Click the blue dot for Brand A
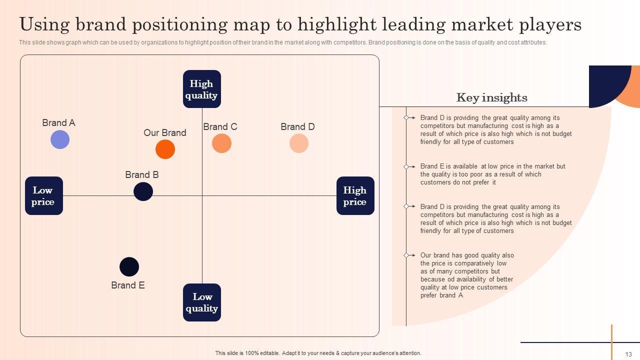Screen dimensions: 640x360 pos(60,139)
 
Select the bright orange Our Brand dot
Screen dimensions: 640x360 pos(165,149)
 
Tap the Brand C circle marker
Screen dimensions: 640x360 pos(221,143)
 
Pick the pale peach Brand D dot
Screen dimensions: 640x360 pos(299,143)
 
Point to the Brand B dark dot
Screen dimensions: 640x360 pos(143,191)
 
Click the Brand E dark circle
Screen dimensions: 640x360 pos(129,266)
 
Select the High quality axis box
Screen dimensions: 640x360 pos(201,89)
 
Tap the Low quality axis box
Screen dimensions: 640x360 pos(201,302)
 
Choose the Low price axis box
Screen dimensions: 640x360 pos(43,195)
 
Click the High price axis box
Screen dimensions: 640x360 pos(355,195)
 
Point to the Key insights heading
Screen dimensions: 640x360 pos(491,97)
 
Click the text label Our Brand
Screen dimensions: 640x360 pos(164,132)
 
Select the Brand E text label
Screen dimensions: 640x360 pos(128,285)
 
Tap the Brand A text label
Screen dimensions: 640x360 pos(58,122)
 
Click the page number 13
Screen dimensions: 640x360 pos(628,354)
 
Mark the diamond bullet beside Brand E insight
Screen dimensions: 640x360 pos(406,166)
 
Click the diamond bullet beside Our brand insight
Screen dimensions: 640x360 pos(406,255)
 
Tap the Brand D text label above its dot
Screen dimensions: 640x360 pos(297,126)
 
